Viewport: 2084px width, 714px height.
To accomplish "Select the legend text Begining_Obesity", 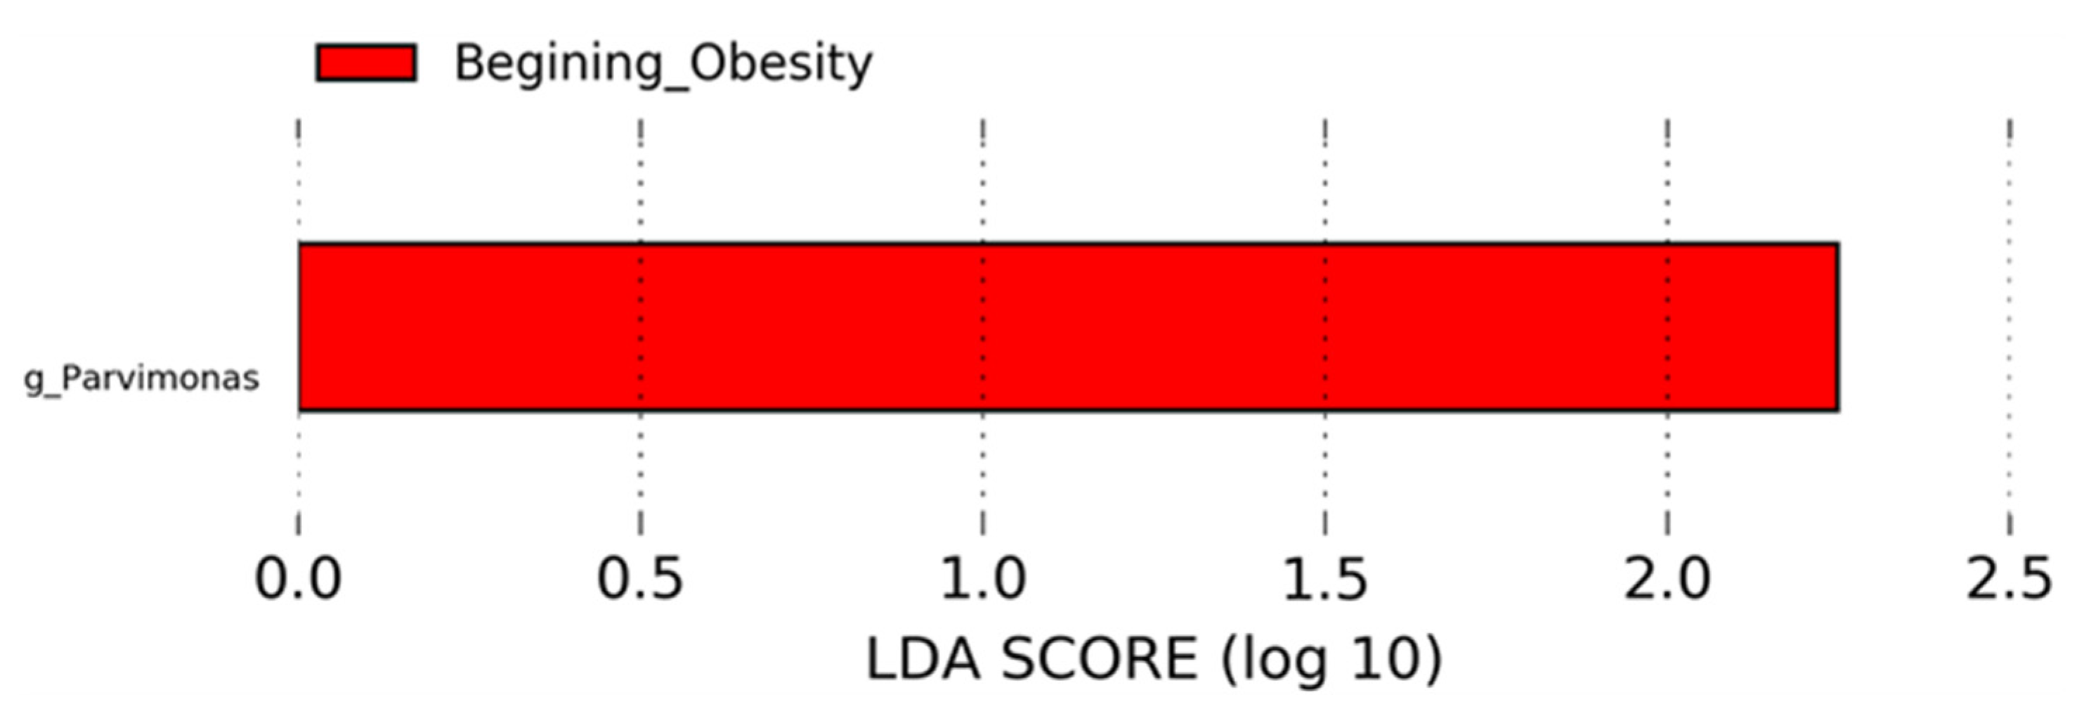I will (x=663, y=63).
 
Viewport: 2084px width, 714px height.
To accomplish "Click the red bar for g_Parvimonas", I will (x=1068, y=326).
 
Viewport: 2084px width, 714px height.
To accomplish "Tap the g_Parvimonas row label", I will (x=141, y=378).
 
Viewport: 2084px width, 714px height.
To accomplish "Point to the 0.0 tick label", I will (x=298, y=580).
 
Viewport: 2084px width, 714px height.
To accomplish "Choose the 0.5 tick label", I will (x=640, y=580).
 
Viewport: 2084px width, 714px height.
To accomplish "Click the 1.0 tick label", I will (x=982, y=580).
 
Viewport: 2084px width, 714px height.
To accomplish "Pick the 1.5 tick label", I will (x=1324, y=580).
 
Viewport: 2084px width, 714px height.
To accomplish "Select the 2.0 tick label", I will (x=1667, y=580).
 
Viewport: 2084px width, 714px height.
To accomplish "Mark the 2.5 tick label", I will (x=2009, y=580).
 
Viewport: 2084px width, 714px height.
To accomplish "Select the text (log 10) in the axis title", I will (x=1331, y=660).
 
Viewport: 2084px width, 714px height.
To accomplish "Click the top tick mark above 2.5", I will (x=2010, y=133).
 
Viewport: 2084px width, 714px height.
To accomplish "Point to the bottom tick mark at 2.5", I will (x=2010, y=522).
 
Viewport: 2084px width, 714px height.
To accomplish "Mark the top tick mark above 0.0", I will (x=299, y=133).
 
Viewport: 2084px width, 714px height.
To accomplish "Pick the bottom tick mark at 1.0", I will (x=983, y=522).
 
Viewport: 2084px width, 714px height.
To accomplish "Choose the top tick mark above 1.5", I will (x=1325, y=133).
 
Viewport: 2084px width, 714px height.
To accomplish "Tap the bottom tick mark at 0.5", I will (x=641, y=522).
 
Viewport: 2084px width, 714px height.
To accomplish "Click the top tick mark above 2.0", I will (x=1667, y=133).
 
